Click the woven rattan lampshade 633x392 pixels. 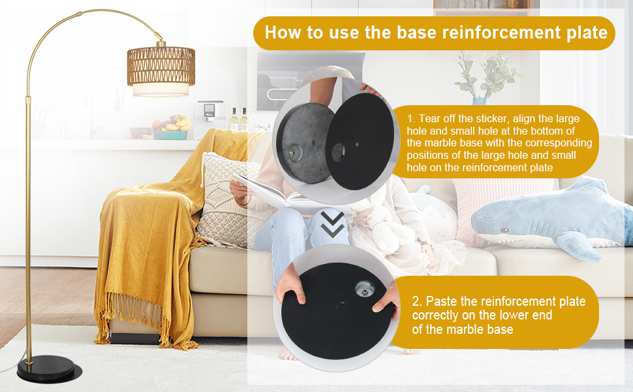161,66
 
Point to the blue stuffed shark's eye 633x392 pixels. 504,231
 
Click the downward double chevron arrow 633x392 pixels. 333,225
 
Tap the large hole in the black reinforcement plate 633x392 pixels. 338,152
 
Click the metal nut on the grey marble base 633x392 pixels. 294,154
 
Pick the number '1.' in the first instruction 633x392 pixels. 411,118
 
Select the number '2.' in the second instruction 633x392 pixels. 417,301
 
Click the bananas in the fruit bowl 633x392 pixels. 179,122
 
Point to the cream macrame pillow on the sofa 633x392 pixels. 226,200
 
